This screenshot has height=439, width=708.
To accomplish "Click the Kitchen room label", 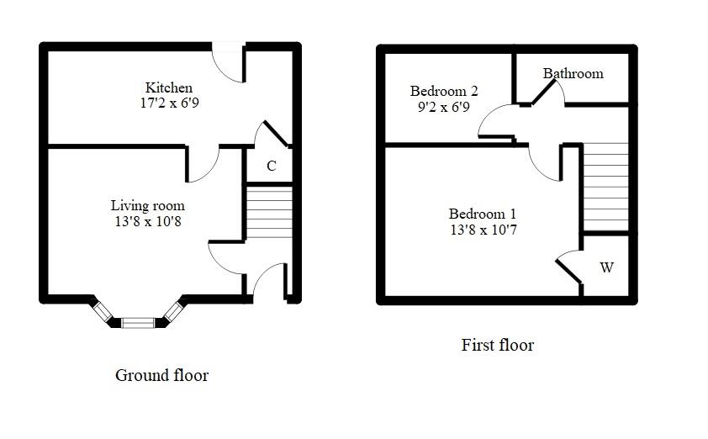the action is coord(168,87).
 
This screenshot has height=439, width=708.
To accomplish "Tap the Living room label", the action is coord(147,205).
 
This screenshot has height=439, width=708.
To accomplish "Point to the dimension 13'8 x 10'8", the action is coord(147,221).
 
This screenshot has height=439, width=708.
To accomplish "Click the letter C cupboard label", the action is coord(271,167).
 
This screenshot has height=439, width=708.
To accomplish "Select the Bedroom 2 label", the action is coord(443,91).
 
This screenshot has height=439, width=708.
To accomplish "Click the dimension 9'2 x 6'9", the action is coord(443,107).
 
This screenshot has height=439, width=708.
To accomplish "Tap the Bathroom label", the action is coord(573,73).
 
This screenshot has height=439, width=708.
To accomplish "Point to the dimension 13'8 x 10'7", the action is coord(482,230).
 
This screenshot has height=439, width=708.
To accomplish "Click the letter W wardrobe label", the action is coord(606,267).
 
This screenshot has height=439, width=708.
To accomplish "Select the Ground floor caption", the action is coord(161,375).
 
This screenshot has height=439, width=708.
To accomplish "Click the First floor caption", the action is coord(497,345).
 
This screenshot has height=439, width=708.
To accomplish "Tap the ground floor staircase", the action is coord(268,211).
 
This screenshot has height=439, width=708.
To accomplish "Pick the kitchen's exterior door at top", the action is coord(227,61).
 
